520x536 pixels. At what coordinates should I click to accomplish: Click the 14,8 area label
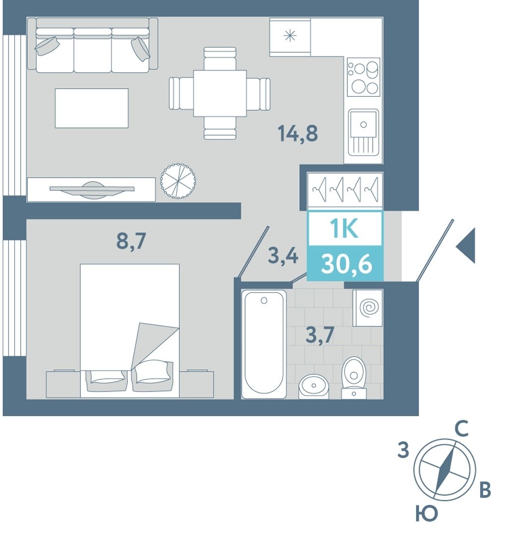click(x=298, y=134)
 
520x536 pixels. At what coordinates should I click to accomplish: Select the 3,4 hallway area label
click(x=283, y=256)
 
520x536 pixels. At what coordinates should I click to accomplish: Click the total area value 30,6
click(x=346, y=264)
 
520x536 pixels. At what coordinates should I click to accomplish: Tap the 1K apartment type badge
click(x=344, y=228)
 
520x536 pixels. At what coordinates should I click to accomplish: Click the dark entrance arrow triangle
click(x=466, y=246)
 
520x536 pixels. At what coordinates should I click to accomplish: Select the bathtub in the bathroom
click(x=264, y=344)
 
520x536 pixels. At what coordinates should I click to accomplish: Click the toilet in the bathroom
click(x=354, y=378)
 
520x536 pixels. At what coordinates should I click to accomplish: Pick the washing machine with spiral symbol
click(x=368, y=308)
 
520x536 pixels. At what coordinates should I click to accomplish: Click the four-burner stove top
click(x=364, y=77)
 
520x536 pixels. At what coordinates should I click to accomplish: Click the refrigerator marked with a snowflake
click(x=290, y=37)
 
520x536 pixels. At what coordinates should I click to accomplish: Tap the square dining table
click(x=220, y=93)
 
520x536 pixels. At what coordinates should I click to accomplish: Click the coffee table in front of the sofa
click(x=92, y=108)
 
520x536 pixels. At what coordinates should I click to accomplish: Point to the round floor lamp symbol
click(x=178, y=180)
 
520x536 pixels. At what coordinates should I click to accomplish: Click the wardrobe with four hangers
click(x=345, y=190)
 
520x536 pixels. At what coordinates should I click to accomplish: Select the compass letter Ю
click(x=427, y=514)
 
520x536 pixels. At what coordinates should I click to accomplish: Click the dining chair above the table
click(x=220, y=59)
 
